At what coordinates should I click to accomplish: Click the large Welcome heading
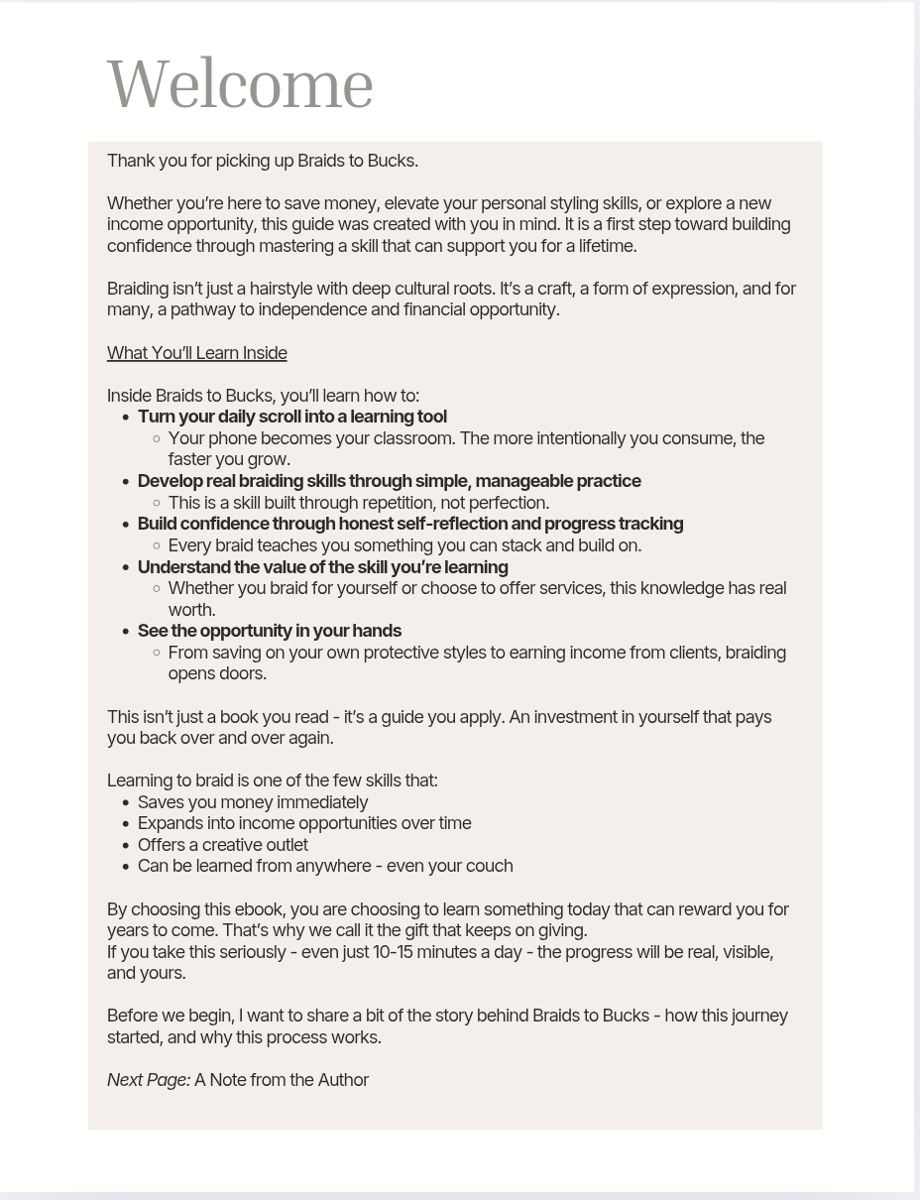click(x=240, y=85)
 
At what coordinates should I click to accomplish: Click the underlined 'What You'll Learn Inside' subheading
click(x=196, y=353)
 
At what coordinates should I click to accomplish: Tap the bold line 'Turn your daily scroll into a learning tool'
click(x=291, y=417)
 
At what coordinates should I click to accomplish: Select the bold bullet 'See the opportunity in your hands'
click(x=269, y=631)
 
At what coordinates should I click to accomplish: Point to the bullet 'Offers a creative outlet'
click(x=222, y=845)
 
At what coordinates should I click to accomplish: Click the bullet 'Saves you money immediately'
click(x=252, y=802)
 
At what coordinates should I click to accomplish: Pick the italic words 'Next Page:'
click(x=149, y=1080)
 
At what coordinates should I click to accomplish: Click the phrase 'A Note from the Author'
click(x=281, y=1080)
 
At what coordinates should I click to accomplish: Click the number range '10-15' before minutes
click(x=392, y=952)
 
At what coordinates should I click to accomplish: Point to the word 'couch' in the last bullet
click(x=489, y=866)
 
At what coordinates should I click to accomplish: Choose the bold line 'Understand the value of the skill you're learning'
click(x=322, y=567)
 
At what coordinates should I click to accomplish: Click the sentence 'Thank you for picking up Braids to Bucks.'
click(x=262, y=161)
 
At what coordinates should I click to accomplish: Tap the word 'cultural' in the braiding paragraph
click(x=421, y=289)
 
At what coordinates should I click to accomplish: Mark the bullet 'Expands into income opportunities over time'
click(x=303, y=823)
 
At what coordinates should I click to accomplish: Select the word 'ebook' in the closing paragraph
click(x=260, y=909)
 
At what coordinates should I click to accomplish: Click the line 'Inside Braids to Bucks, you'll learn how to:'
click(x=263, y=396)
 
